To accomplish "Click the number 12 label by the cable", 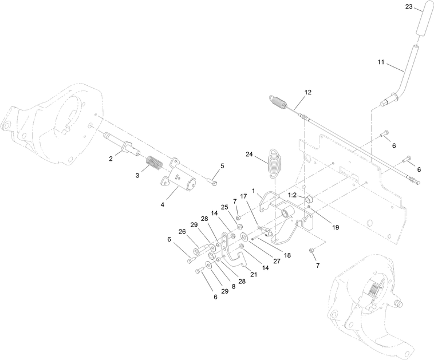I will point(309,92).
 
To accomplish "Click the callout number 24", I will point(249,154).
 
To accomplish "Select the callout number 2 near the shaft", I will point(111,159).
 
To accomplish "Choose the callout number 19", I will point(336,227).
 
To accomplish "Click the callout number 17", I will point(243,196).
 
